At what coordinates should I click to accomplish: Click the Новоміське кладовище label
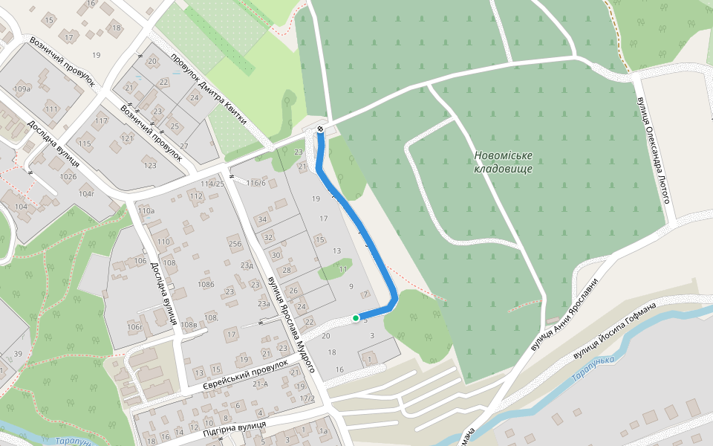(x=504, y=162)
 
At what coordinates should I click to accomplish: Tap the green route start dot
(x=356, y=318)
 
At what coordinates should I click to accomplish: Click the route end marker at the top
(x=320, y=129)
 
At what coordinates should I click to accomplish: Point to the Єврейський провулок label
(x=244, y=378)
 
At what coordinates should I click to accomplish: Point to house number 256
(x=235, y=244)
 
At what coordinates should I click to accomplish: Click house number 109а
(x=22, y=89)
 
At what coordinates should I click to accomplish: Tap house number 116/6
(x=256, y=183)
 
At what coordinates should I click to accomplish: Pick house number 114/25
(x=212, y=184)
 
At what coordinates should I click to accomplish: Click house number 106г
(x=134, y=326)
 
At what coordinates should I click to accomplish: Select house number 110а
(x=146, y=211)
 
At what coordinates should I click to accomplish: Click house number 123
(x=151, y=165)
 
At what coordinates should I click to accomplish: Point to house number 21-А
(x=260, y=384)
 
